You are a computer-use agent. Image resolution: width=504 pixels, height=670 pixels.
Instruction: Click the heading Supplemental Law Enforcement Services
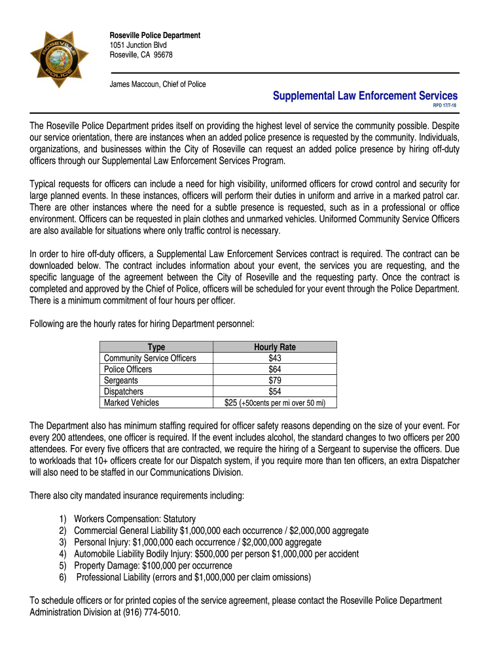pos(365,96)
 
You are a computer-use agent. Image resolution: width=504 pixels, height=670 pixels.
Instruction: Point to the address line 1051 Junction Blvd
pos(137,45)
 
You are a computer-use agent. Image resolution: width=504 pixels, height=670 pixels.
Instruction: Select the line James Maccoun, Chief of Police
pos(157,84)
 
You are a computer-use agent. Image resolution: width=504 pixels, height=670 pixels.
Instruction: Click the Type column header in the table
pos(156,347)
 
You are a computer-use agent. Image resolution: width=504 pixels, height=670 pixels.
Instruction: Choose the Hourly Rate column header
pos(275,347)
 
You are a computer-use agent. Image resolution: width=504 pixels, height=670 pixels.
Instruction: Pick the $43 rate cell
pos(275,358)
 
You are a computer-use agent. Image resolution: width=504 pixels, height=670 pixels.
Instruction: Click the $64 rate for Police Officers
pos(275,369)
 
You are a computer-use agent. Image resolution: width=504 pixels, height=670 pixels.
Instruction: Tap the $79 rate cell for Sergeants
pos(275,380)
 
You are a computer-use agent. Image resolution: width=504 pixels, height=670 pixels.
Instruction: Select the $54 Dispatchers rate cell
pos(275,391)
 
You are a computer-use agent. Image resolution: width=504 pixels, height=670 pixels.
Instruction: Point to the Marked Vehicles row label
pos(131,402)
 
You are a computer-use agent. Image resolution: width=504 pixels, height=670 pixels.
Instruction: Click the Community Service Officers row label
pos(150,358)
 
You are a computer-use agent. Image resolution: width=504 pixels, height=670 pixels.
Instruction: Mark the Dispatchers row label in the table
pos(124,391)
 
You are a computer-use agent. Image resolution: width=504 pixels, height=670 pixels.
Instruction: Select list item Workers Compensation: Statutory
pos(135,518)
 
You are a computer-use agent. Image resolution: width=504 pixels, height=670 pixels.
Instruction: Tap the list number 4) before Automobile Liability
pos(62,554)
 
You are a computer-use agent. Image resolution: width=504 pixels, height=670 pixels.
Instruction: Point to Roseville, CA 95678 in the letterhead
pos(141,55)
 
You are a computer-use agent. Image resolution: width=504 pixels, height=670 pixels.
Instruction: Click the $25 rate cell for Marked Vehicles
pos(230,402)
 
